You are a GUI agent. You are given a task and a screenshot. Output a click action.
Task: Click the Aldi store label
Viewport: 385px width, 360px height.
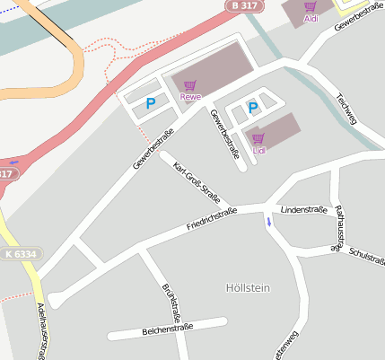[x=311, y=19]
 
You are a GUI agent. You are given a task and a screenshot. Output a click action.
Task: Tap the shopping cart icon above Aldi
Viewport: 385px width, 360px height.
[x=311, y=7]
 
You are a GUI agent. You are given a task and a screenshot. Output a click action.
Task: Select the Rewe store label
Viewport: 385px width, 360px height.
[x=189, y=96]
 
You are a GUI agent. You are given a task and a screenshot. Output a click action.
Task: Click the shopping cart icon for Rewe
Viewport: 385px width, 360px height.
[x=189, y=84]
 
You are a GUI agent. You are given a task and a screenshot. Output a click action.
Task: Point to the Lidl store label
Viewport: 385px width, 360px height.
[x=258, y=150]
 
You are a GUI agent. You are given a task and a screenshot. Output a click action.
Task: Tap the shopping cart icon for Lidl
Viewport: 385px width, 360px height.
[x=258, y=138]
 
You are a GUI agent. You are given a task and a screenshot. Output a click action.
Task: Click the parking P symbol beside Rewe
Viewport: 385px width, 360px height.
[x=150, y=104]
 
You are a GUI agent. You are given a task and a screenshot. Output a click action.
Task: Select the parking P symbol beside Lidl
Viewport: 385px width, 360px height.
[x=253, y=109]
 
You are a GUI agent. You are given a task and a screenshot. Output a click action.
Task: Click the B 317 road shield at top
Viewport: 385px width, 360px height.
[x=239, y=5]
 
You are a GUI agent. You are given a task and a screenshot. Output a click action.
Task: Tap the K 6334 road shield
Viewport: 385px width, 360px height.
[x=19, y=254]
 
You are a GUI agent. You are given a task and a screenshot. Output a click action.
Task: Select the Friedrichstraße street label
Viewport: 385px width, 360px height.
[x=212, y=220]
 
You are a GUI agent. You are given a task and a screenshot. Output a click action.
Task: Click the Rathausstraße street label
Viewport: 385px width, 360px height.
[x=339, y=225]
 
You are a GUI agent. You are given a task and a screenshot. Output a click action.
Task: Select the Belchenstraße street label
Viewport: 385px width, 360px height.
[x=167, y=331]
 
